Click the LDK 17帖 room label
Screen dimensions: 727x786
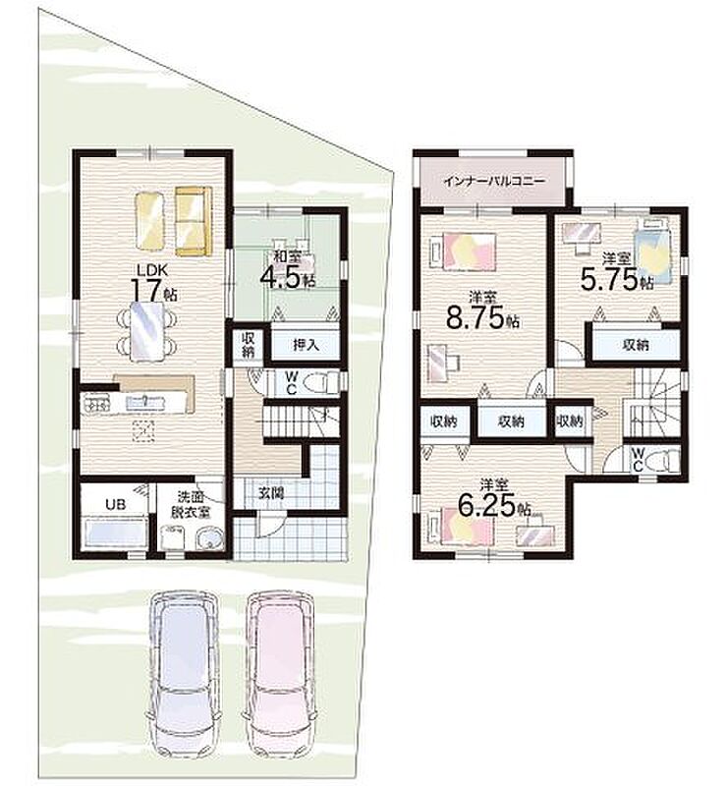coord(154,283)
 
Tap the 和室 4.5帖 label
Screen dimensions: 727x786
coord(288,271)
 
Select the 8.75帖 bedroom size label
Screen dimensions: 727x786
coord(482,310)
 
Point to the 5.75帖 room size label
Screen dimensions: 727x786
coord(617,273)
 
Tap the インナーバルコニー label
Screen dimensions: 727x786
coord(494,181)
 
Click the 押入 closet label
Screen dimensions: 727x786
coord(306,345)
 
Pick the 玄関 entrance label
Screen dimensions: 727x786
coord(271,493)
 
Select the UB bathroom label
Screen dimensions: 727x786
coord(115,504)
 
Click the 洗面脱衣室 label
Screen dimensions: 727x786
coord(190,504)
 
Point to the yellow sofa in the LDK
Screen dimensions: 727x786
coord(194,221)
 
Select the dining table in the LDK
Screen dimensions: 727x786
coord(147,331)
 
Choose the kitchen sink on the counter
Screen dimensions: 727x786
coord(143,403)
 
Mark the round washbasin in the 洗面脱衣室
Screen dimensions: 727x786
coord(209,539)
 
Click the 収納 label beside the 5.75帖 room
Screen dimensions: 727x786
coord(636,345)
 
